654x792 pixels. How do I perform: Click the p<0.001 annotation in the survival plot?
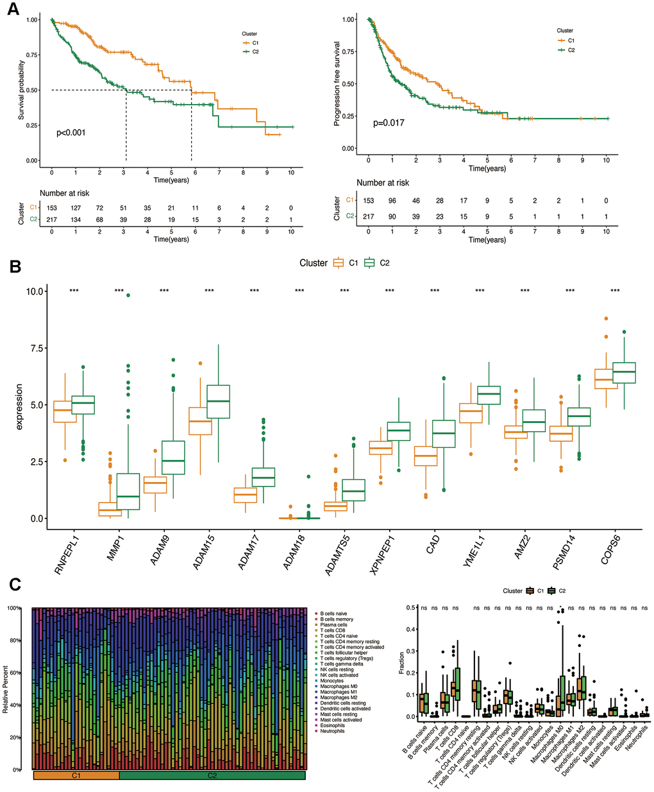click(x=71, y=133)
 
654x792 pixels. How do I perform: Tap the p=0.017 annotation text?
click(x=389, y=123)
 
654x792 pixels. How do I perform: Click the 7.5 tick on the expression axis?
click(x=35, y=348)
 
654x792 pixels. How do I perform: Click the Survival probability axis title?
click(x=21, y=90)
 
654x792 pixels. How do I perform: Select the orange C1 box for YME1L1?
click(x=472, y=413)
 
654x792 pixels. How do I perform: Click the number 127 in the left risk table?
click(x=76, y=208)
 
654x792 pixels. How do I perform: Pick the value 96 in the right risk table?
click(x=392, y=201)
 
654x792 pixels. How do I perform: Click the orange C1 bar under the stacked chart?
click(x=76, y=775)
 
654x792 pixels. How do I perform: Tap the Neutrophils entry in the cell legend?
click(x=332, y=731)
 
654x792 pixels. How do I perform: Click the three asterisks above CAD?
click(x=435, y=291)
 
